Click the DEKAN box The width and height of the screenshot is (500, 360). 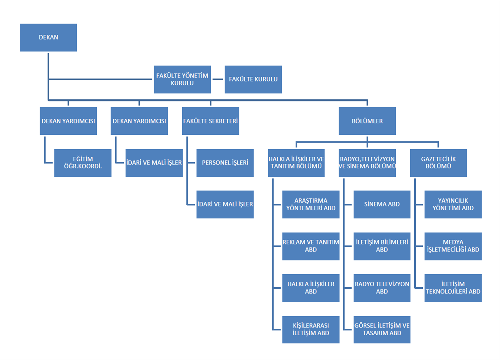click(48, 37)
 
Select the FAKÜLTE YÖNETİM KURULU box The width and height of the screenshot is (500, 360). click(182, 79)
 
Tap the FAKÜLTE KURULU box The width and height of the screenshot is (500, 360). click(253, 79)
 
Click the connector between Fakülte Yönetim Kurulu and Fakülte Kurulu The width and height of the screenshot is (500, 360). click(218, 79)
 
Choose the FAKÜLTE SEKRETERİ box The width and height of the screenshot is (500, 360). click(210, 121)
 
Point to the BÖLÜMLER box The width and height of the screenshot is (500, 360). click(367, 121)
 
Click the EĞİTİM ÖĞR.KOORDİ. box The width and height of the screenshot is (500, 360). click(83, 163)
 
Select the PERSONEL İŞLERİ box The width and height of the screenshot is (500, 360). click(225, 163)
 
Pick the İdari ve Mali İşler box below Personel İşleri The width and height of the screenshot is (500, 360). click(225, 204)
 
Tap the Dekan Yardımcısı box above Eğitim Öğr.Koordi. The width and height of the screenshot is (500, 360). click(68, 121)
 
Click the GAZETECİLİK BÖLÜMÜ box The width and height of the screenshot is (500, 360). click(438, 163)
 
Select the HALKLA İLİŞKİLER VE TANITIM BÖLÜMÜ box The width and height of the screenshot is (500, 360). click(296, 163)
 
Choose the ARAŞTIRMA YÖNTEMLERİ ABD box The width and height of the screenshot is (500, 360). click(311, 204)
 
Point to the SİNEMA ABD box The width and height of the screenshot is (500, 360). click(382, 204)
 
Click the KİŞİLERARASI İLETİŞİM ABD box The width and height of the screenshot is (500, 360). click(311, 329)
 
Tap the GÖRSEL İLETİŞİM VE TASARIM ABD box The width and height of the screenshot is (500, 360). click(382, 329)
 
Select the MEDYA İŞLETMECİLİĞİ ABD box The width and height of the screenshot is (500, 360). click(453, 246)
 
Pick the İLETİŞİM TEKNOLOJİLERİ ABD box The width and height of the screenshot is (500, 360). click(453, 288)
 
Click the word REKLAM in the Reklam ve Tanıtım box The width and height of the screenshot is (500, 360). click(294, 242)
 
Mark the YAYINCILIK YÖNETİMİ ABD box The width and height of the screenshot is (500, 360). click(453, 204)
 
